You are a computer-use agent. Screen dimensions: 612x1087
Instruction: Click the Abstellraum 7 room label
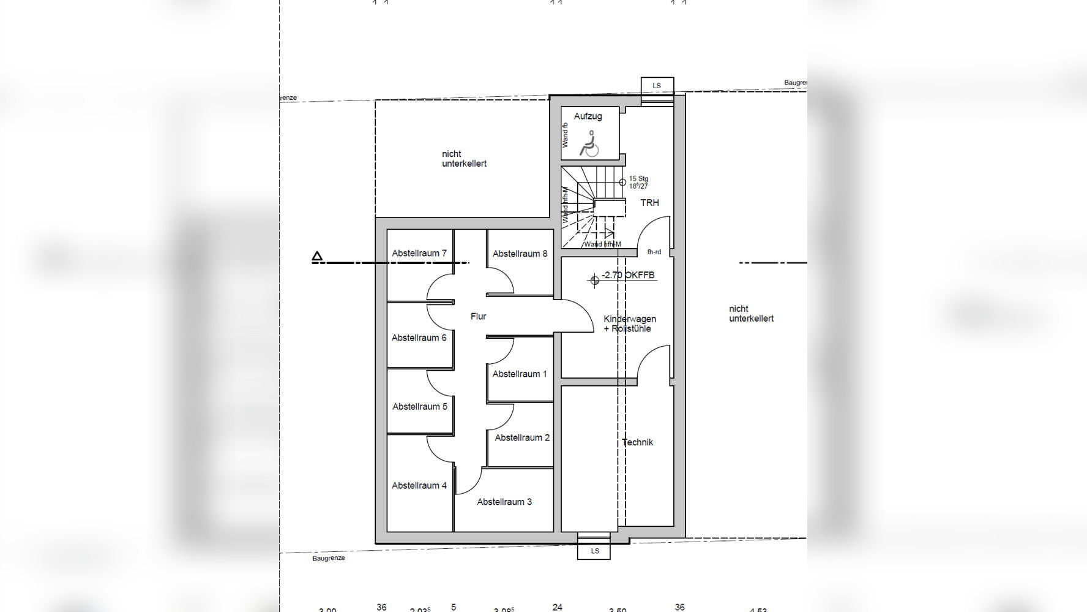tap(419, 253)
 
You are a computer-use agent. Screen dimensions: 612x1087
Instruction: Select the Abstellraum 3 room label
tap(504, 502)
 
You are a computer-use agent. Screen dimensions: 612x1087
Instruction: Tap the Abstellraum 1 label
tap(520, 374)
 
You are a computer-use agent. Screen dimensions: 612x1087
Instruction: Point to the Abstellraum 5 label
tap(419, 406)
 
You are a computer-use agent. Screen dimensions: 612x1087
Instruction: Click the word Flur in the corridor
tap(478, 316)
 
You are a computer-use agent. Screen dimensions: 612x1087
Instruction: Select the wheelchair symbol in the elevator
tap(589, 143)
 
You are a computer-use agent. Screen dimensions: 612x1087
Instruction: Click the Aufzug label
tap(588, 116)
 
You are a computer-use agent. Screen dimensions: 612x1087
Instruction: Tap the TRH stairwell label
tap(649, 202)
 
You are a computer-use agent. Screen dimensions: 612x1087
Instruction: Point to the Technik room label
tap(637, 442)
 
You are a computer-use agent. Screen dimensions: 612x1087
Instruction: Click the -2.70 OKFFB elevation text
tap(627, 275)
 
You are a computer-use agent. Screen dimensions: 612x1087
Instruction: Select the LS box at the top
tap(657, 86)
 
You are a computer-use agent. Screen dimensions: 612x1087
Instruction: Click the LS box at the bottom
tap(594, 551)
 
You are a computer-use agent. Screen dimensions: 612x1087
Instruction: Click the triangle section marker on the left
tap(317, 257)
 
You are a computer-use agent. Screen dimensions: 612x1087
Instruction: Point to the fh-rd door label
tap(654, 252)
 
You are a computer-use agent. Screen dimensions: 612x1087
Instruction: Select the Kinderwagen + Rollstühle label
tap(629, 323)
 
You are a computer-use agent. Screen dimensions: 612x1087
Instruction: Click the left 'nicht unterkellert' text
tap(464, 159)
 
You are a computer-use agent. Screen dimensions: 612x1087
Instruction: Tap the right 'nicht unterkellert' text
tap(751, 314)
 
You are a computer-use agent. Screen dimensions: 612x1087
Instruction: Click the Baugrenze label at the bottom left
tap(329, 558)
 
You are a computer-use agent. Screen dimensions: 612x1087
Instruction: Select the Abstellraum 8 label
tap(520, 253)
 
